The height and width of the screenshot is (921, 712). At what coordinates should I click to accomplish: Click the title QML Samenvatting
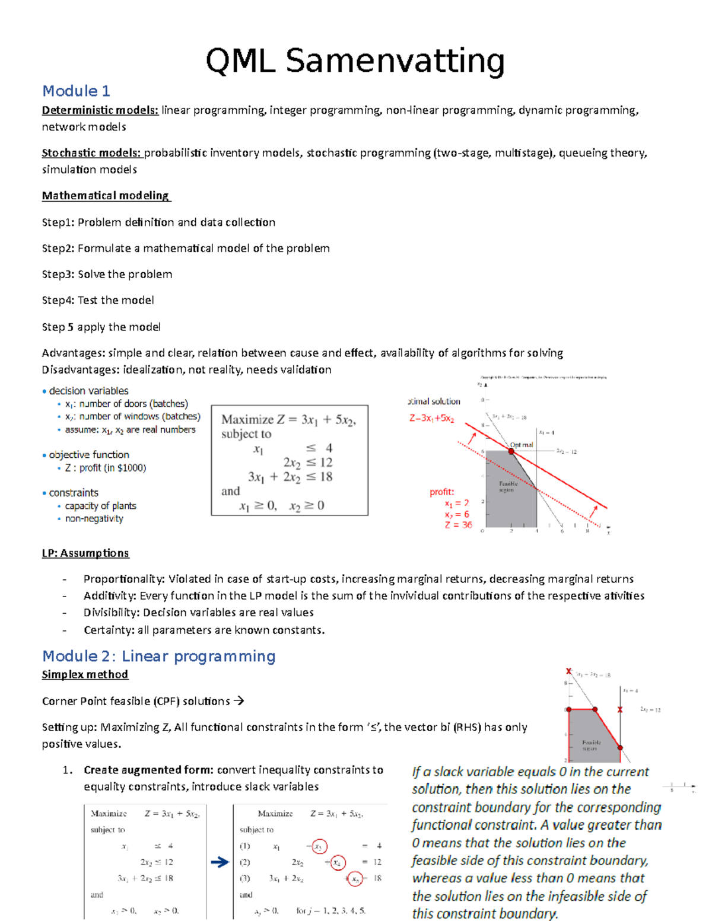pos(355,61)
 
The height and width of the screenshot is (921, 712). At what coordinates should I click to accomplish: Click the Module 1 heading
pos(76,91)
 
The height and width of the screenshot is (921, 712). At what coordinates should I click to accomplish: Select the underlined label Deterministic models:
pos(100,110)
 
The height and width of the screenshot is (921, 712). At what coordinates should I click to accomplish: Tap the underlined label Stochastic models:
pos(91,153)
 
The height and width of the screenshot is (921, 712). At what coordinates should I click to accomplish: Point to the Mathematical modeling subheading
pos(106,196)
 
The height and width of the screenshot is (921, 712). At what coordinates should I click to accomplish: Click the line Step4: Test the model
pos(98,300)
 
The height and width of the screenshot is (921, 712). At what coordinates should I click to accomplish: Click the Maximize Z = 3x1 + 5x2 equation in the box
pos(288,420)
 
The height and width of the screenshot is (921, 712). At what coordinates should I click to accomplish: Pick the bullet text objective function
pos(89,455)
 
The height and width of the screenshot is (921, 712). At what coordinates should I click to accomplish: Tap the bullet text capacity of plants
pos(100,506)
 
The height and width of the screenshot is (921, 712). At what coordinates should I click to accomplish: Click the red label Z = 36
pos(458,525)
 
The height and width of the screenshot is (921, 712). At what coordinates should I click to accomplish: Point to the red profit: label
pos(441,492)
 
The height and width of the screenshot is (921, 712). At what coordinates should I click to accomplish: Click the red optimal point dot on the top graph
pos(511,451)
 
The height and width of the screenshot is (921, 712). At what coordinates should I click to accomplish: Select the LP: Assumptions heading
pos(85,553)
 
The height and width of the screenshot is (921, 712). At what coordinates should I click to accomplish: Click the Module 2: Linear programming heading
pos(159,657)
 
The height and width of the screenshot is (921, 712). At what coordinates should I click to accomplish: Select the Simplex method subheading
pos(85,675)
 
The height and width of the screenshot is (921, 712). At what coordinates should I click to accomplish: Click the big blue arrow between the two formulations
pos(220,862)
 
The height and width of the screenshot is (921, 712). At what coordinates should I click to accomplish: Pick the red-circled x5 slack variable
pos(355,878)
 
